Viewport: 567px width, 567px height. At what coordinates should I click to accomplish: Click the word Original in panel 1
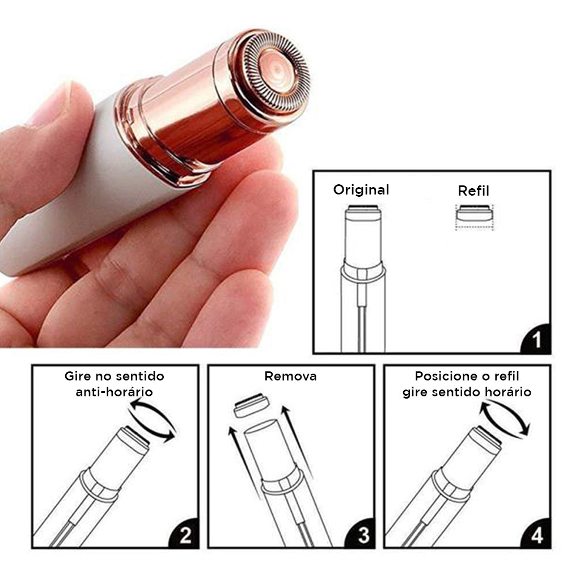pos(361,190)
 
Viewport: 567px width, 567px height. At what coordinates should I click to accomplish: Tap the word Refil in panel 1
pos(473,191)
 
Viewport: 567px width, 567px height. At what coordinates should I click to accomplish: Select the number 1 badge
pos(536,339)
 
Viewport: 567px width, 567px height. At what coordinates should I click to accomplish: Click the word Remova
pos(290,376)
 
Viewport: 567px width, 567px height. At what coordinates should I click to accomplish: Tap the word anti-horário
pos(115,392)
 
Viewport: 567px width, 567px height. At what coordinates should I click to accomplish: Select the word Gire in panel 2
pos(77,376)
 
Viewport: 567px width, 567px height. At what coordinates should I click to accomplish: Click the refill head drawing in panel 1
pos(474,217)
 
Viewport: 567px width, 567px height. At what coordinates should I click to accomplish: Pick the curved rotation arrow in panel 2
pos(152,420)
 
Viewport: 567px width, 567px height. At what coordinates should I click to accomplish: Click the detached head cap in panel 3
pos(252,405)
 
